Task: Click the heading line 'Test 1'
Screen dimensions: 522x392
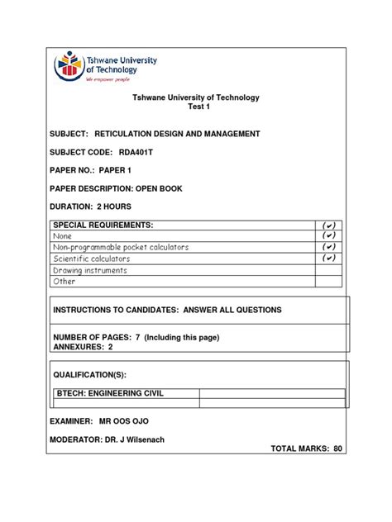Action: point(196,108)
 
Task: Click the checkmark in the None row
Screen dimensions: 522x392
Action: point(328,236)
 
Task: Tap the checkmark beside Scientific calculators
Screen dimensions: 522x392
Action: point(328,259)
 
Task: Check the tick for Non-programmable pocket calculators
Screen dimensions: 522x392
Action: point(328,247)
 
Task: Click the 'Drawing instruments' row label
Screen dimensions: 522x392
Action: point(90,270)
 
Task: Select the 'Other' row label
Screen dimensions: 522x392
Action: point(65,282)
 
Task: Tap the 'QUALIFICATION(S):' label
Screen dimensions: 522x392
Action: point(90,374)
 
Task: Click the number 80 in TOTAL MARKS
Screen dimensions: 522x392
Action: point(337,448)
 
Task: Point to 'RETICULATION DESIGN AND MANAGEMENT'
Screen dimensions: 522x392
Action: point(178,134)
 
